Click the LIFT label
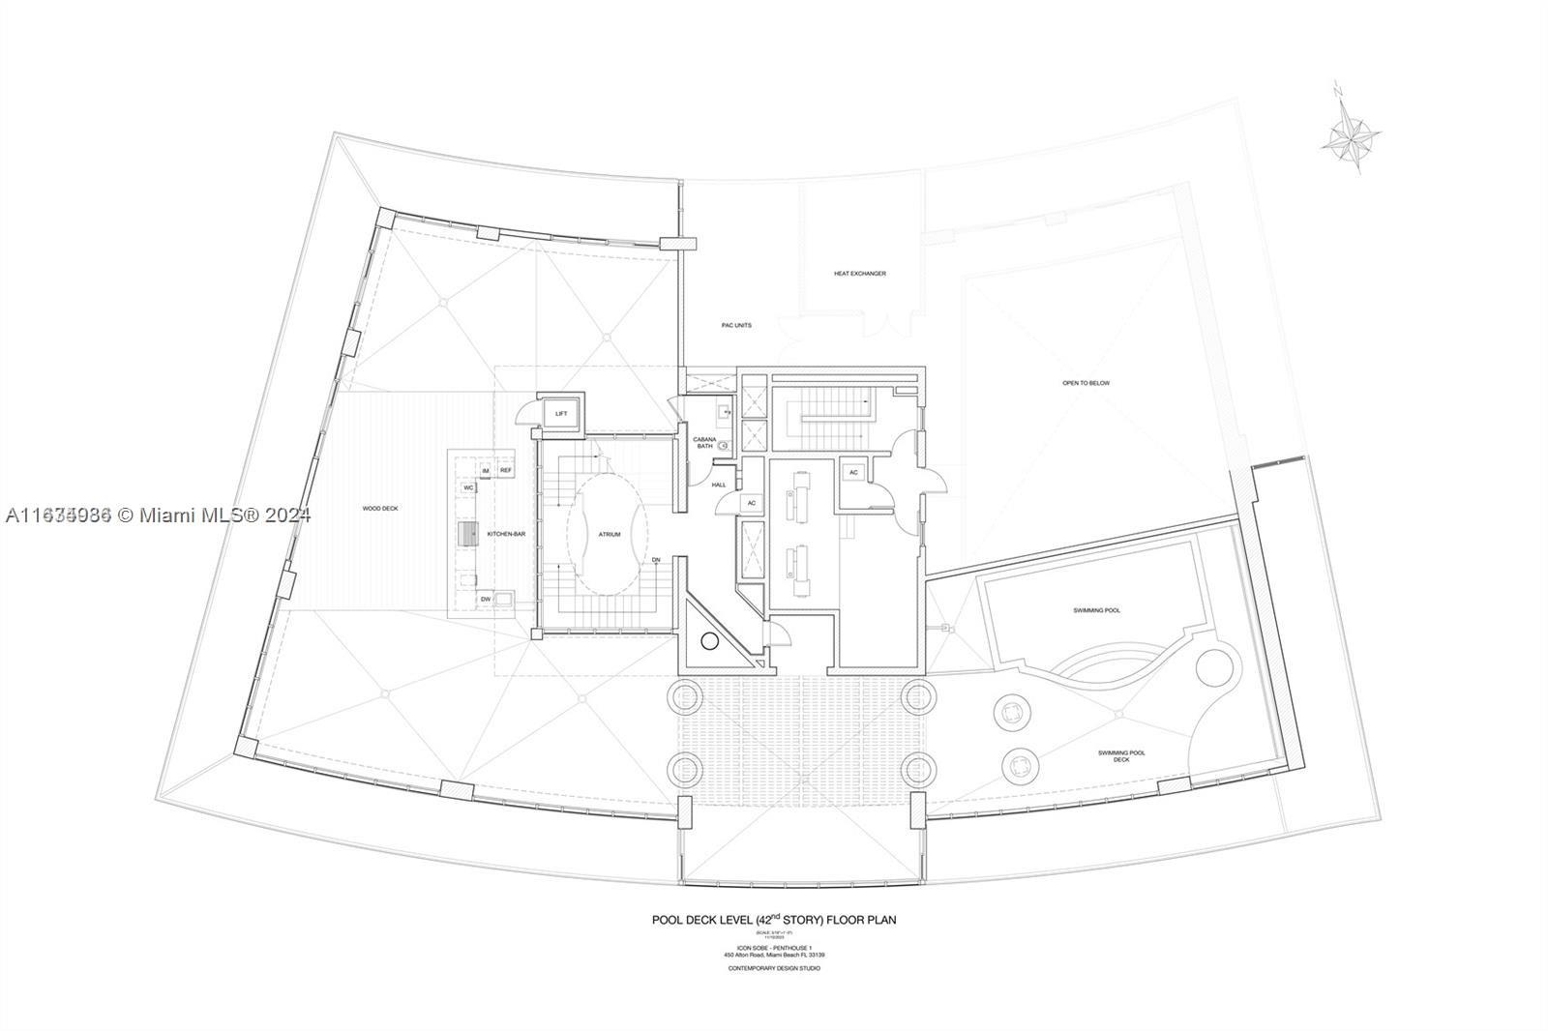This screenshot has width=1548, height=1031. pyautogui.click(x=561, y=414)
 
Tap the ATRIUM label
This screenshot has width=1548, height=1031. pyautogui.click(x=609, y=534)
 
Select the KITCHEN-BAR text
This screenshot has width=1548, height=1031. pyautogui.click(x=506, y=534)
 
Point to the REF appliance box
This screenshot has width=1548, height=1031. pyautogui.click(x=506, y=470)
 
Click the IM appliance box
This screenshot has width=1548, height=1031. pyautogui.click(x=486, y=470)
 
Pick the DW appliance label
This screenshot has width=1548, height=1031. pyautogui.click(x=485, y=600)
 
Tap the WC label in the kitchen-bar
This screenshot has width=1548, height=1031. pyautogui.click(x=468, y=487)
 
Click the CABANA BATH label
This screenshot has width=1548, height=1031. pyautogui.click(x=704, y=443)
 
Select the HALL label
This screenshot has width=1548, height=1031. pyautogui.click(x=718, y=485)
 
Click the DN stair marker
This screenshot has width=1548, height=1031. pyautogui.click(x=656, y=560)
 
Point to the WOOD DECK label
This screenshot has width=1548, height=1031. pyautogui.click(x=380, y=509)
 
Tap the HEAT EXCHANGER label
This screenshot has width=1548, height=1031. pyautogui.click(x=859, y=274)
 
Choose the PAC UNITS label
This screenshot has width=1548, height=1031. pyautogui.click(x=736, y=325)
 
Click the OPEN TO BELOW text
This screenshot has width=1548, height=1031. pyautogui.click(x=1086, y=383)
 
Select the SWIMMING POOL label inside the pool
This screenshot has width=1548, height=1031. pyautogui.click(x=1097, y=610)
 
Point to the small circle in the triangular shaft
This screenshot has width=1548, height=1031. pyautogui.click(x=709, y=640)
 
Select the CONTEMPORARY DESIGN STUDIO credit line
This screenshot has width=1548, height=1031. pyautogui.click(x=773, y=968)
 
